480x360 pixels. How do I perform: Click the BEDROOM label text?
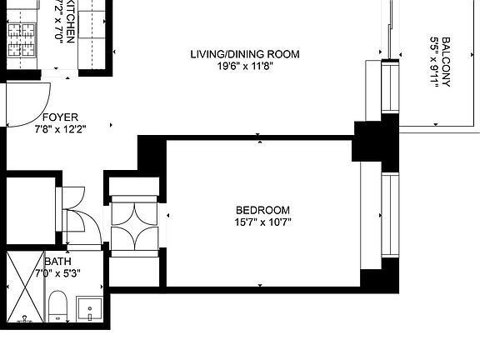[262, 210]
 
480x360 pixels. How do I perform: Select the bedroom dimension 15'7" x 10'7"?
[262, 222]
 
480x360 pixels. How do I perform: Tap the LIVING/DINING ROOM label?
[244, 55]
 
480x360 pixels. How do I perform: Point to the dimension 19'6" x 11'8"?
[244, 67]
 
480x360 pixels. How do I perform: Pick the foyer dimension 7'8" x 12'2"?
[60, 129]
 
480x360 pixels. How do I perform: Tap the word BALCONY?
[447, 62]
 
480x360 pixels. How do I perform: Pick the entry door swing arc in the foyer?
[25, 104]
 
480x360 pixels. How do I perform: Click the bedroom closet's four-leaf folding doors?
[133, 225]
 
